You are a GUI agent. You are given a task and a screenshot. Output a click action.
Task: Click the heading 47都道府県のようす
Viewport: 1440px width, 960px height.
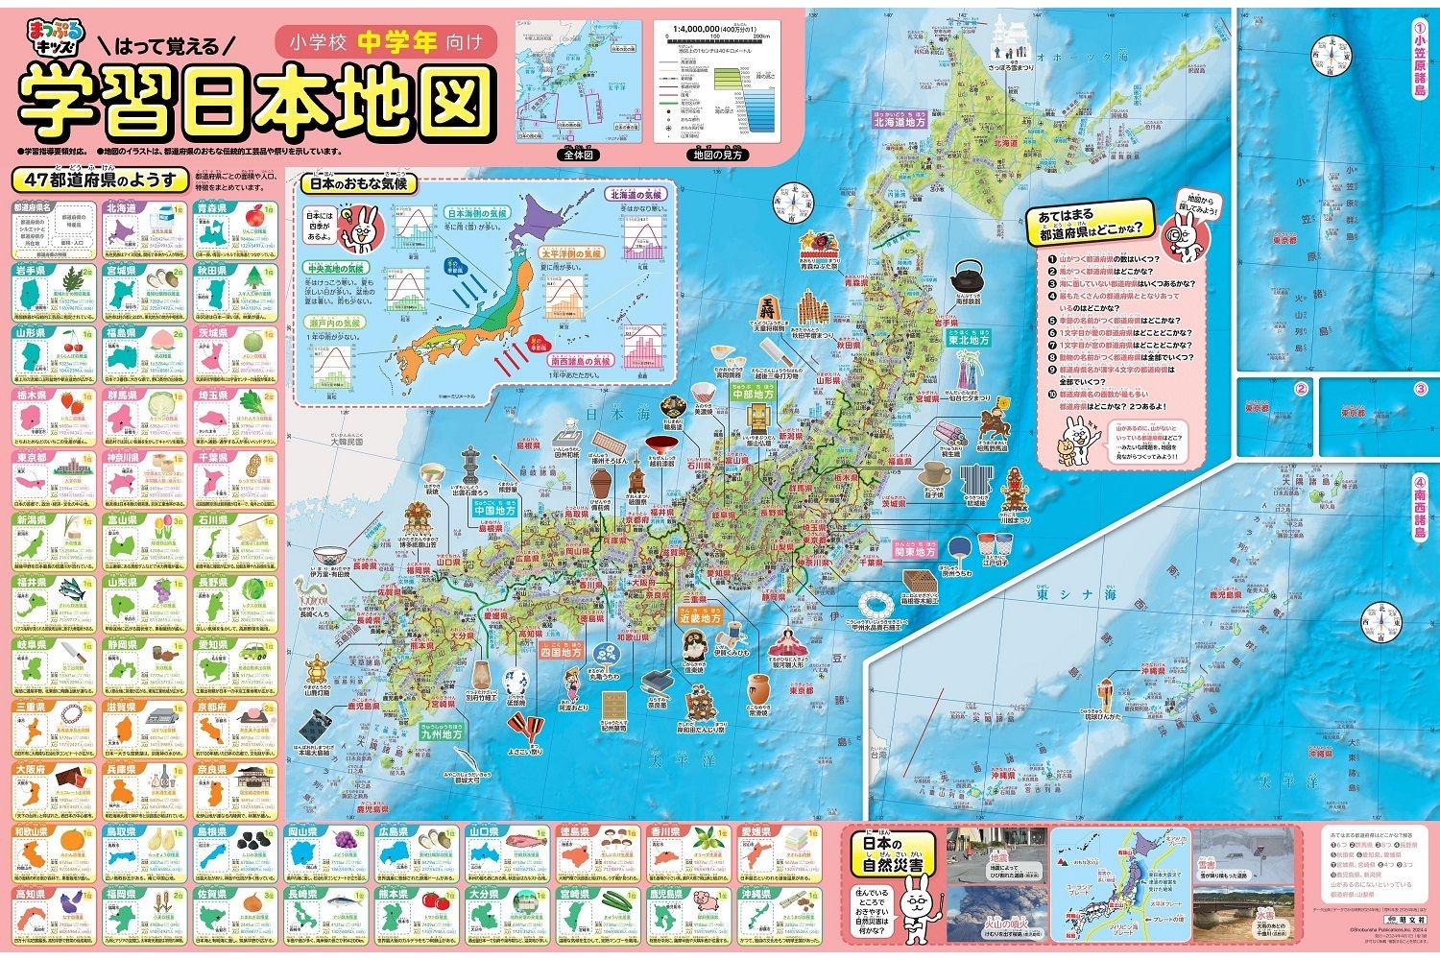click(x=100, y=180)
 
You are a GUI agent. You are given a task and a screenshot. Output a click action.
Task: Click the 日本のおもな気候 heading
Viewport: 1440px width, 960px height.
click(x=355, y=183)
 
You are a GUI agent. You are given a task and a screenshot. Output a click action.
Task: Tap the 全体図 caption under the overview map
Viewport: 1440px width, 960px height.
click(x=579, y=155)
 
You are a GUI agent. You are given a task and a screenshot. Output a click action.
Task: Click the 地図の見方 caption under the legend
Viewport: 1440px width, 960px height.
click(x=717, y=155)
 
